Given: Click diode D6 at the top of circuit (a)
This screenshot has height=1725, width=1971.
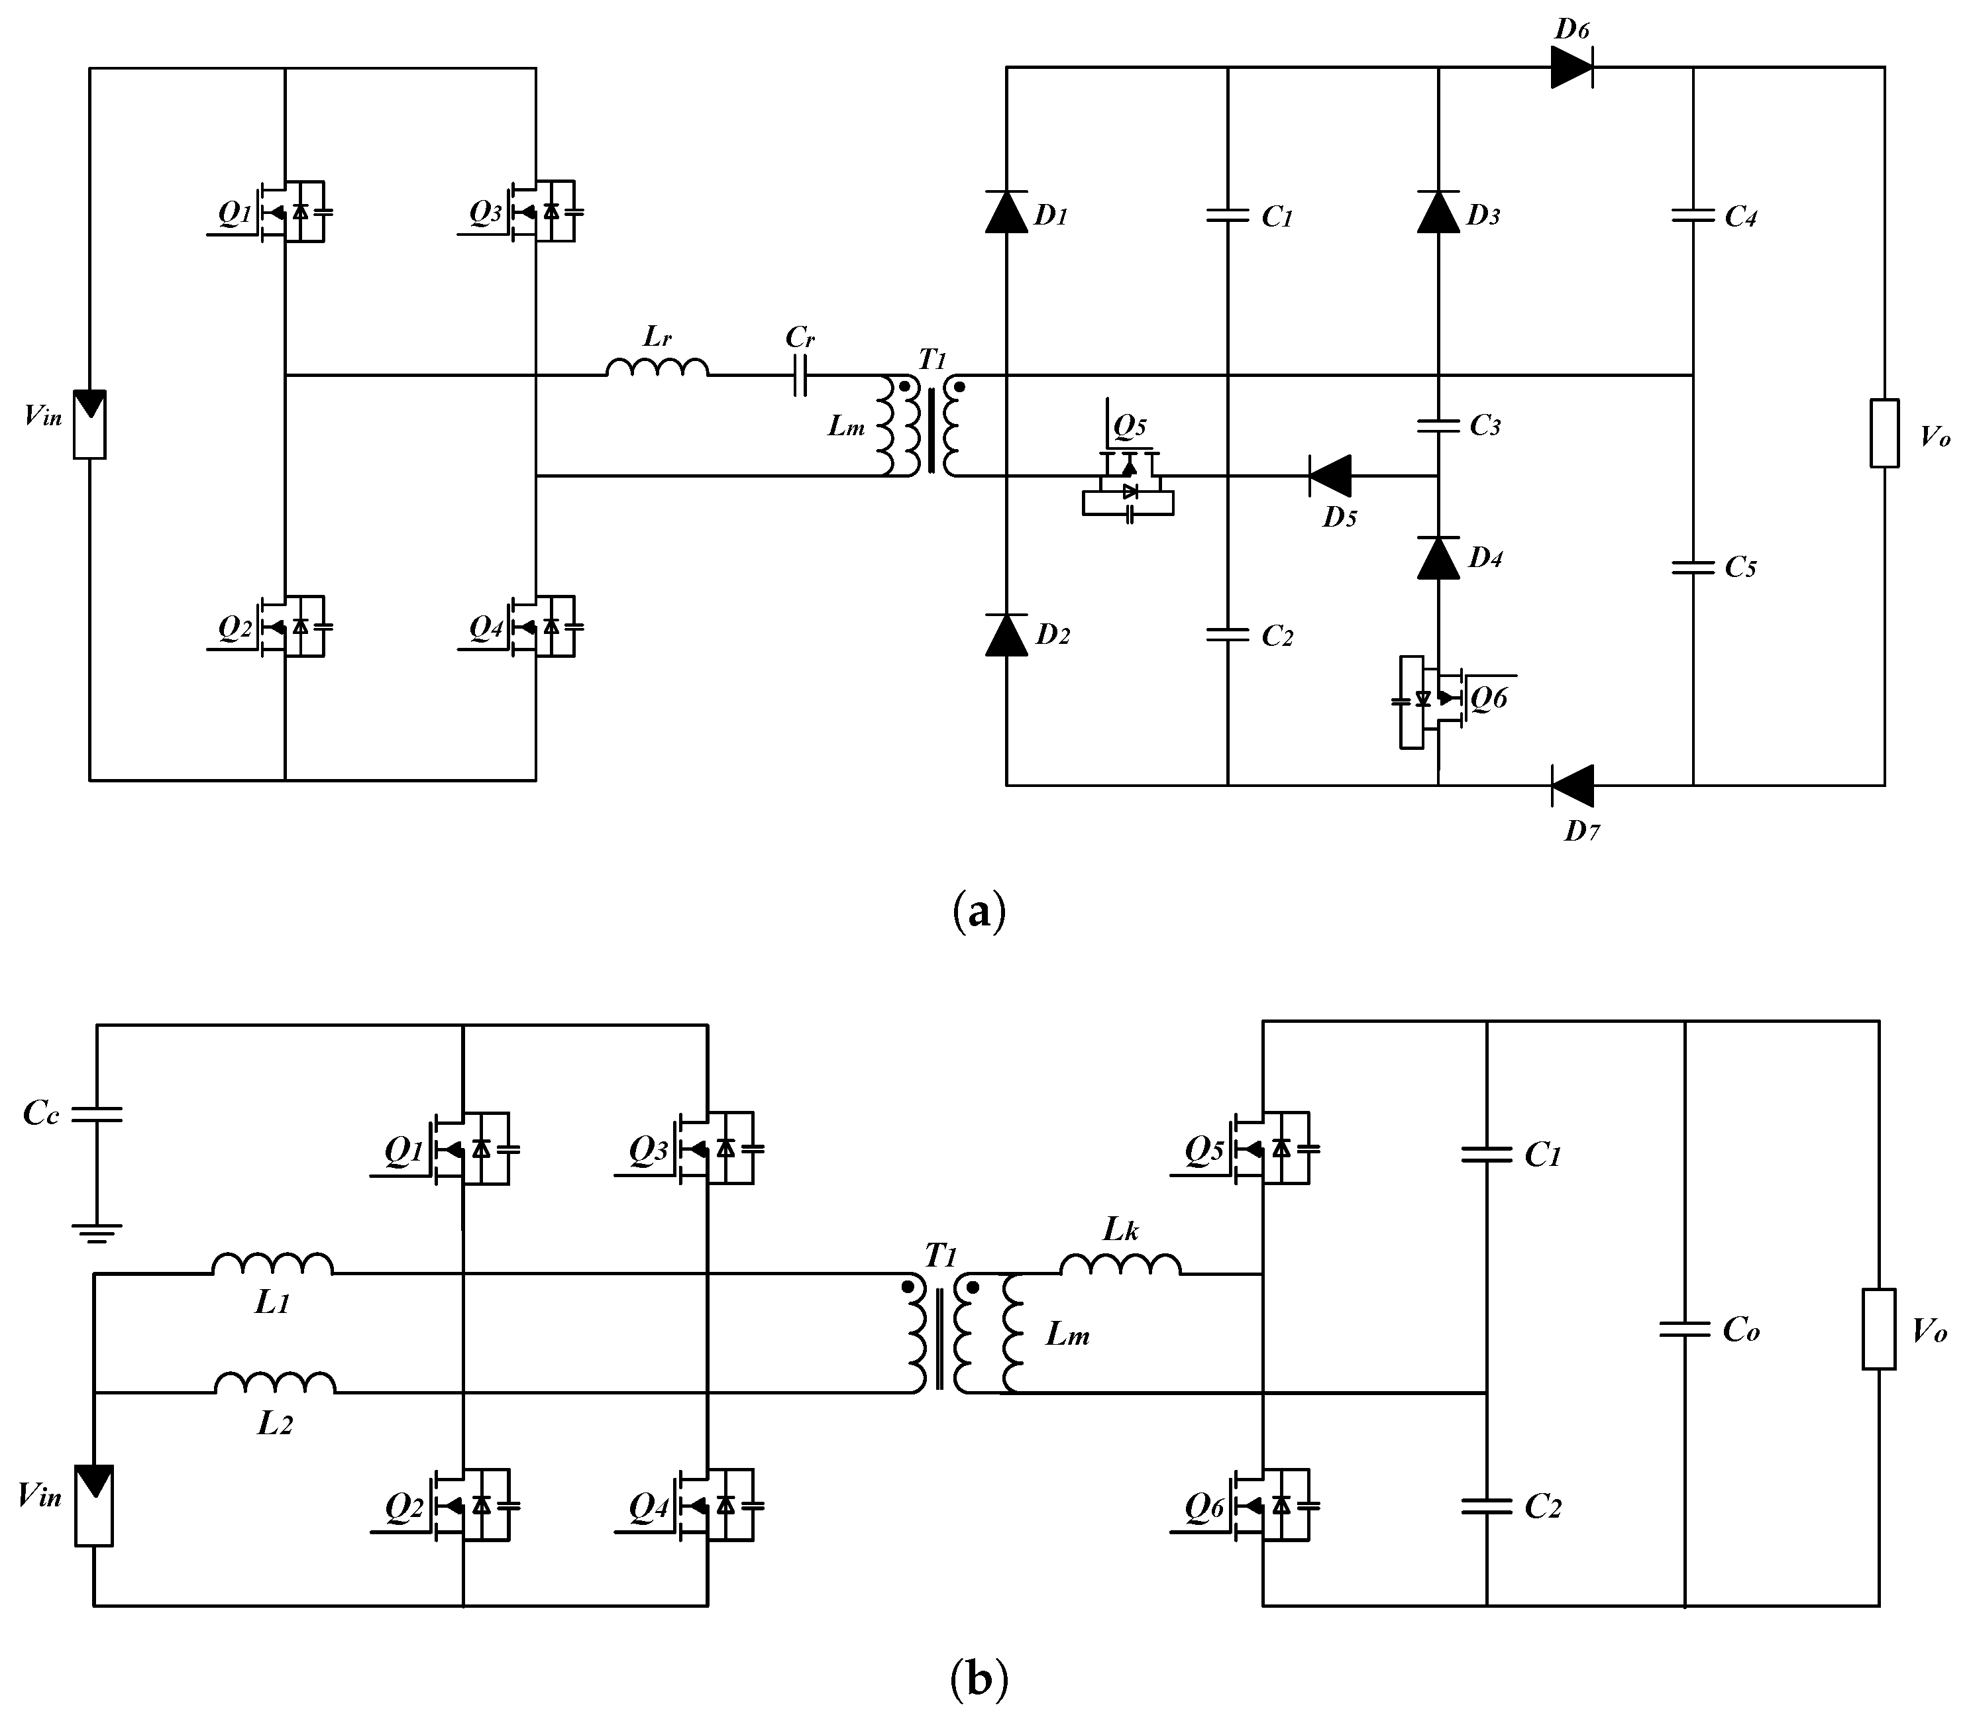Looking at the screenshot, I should click(1571, 68).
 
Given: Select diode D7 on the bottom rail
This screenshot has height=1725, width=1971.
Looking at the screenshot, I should click(1572, 786).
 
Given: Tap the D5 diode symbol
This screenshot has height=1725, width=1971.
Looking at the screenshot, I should click(1330, 476).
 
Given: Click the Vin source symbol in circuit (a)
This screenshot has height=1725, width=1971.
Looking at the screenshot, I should click(91, 423).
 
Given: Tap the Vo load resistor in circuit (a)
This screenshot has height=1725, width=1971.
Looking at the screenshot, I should click(1884, 433).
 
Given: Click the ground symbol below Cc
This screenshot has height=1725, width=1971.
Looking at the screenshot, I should click(96, 1232).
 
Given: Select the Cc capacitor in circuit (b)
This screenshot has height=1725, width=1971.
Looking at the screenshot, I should click(96, 1114).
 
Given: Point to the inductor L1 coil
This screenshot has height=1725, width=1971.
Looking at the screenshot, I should click(272, 1264).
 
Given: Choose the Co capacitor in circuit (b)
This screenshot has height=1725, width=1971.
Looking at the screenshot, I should click(1685, 1330).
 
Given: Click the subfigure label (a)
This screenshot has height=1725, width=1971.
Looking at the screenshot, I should click(979, 910).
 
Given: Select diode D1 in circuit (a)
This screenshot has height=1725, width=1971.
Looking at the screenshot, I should click(1006, 213).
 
